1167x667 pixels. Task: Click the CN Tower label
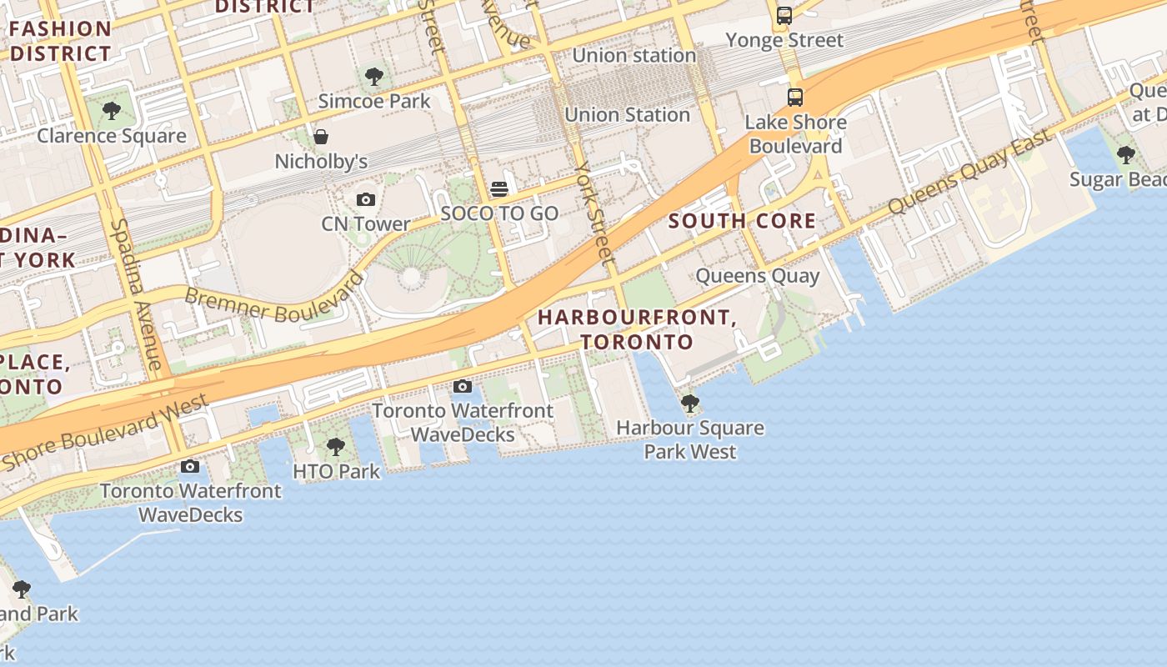366,223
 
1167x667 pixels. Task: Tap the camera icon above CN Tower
366,199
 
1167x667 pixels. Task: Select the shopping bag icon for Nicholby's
321,137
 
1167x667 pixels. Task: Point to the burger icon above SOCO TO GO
499,189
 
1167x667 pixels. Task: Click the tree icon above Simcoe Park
374,77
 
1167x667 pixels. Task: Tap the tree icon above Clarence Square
111,111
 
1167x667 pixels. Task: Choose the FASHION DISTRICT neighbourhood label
60,41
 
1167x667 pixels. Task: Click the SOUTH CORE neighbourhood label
742,221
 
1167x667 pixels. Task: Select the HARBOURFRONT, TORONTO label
637,329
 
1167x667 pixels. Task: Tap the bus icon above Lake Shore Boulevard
795,98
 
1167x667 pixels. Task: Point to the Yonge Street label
784,40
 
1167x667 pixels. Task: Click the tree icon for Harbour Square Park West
690,404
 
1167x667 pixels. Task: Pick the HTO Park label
336,471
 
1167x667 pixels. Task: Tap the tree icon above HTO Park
336,447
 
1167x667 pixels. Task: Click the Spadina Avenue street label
136,294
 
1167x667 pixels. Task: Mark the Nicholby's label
321,161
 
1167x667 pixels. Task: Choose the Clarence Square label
111,135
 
